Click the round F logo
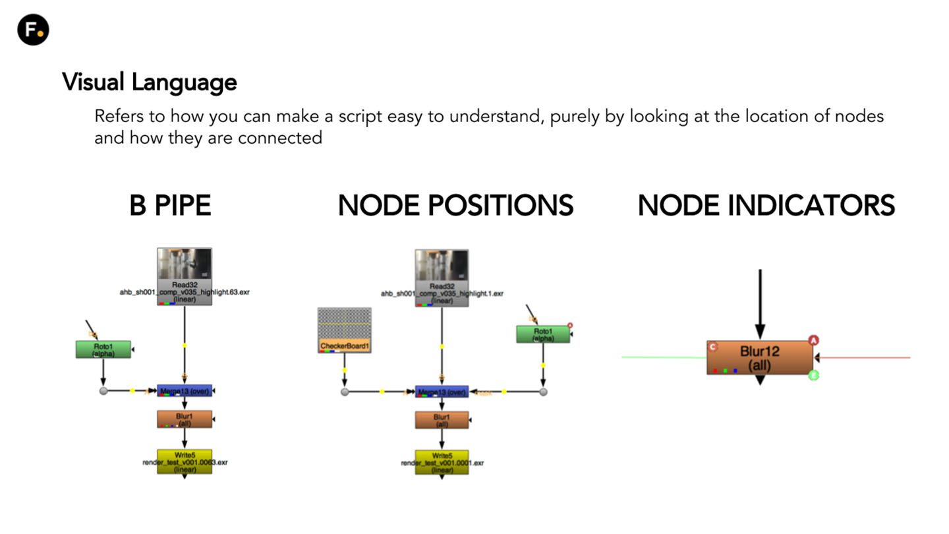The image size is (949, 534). pos(33,30)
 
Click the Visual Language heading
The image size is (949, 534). pos(150,82)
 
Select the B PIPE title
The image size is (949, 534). pos(170,206)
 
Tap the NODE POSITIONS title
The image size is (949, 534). pos(455,206)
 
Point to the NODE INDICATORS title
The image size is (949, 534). pos(766,206)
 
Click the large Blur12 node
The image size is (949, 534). pos(759,357)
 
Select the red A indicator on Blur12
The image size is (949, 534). pos(813,340)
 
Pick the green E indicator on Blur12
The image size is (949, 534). pos(813,375)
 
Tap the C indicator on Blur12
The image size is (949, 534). pos(712,347)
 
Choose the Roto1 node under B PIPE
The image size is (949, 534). pos(103,349)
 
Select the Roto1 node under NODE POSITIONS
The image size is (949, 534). pos(542,334)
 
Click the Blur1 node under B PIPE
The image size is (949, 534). pos(185,419)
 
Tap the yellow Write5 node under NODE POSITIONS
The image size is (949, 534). pos(442,462)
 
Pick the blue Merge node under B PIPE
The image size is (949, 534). pos(185,391)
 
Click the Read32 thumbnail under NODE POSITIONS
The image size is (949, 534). pos(442,266)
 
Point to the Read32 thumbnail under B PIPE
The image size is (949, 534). pos(185,265)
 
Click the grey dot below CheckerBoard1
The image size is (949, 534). pos(344,392)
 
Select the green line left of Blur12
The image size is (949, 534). pos(662,357)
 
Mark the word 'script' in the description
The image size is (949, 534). pos(360,117)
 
